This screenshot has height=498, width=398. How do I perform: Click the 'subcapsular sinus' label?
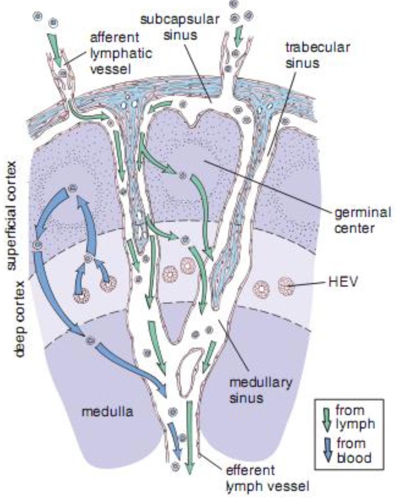(180, 27)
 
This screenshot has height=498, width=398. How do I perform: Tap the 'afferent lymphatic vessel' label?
(121, 53)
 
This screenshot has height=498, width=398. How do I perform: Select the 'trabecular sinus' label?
(317, 55)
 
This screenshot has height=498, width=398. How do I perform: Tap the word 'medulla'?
(107, 412)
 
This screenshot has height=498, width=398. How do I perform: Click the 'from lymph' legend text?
(355, 417)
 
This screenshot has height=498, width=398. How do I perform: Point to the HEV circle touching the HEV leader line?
(286, 286)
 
